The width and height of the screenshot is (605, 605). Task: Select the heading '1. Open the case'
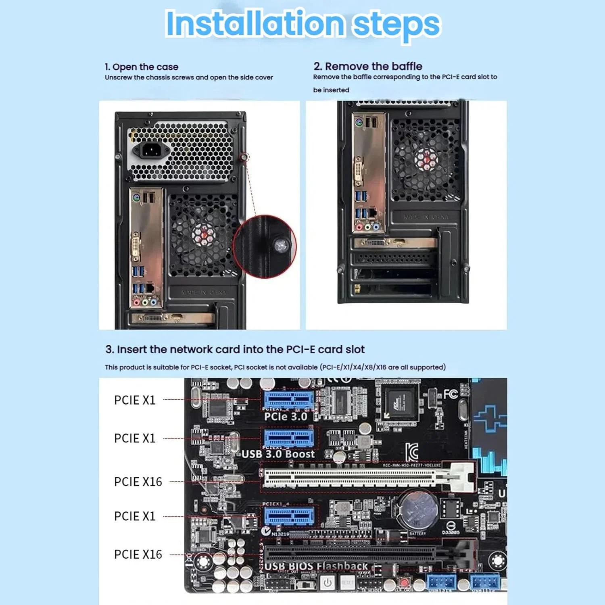141,67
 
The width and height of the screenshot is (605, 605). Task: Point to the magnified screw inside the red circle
281,245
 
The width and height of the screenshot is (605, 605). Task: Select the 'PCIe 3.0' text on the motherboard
286,417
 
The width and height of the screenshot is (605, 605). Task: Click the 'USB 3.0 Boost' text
278,454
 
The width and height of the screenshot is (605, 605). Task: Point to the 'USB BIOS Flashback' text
316,567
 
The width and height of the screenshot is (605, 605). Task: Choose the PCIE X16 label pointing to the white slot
138,482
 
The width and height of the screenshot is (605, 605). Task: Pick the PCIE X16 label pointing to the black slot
138,555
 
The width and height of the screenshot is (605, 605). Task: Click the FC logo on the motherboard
450,394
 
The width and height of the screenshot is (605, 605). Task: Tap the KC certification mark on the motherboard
412,452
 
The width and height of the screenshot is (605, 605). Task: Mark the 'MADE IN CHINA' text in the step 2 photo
426,217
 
